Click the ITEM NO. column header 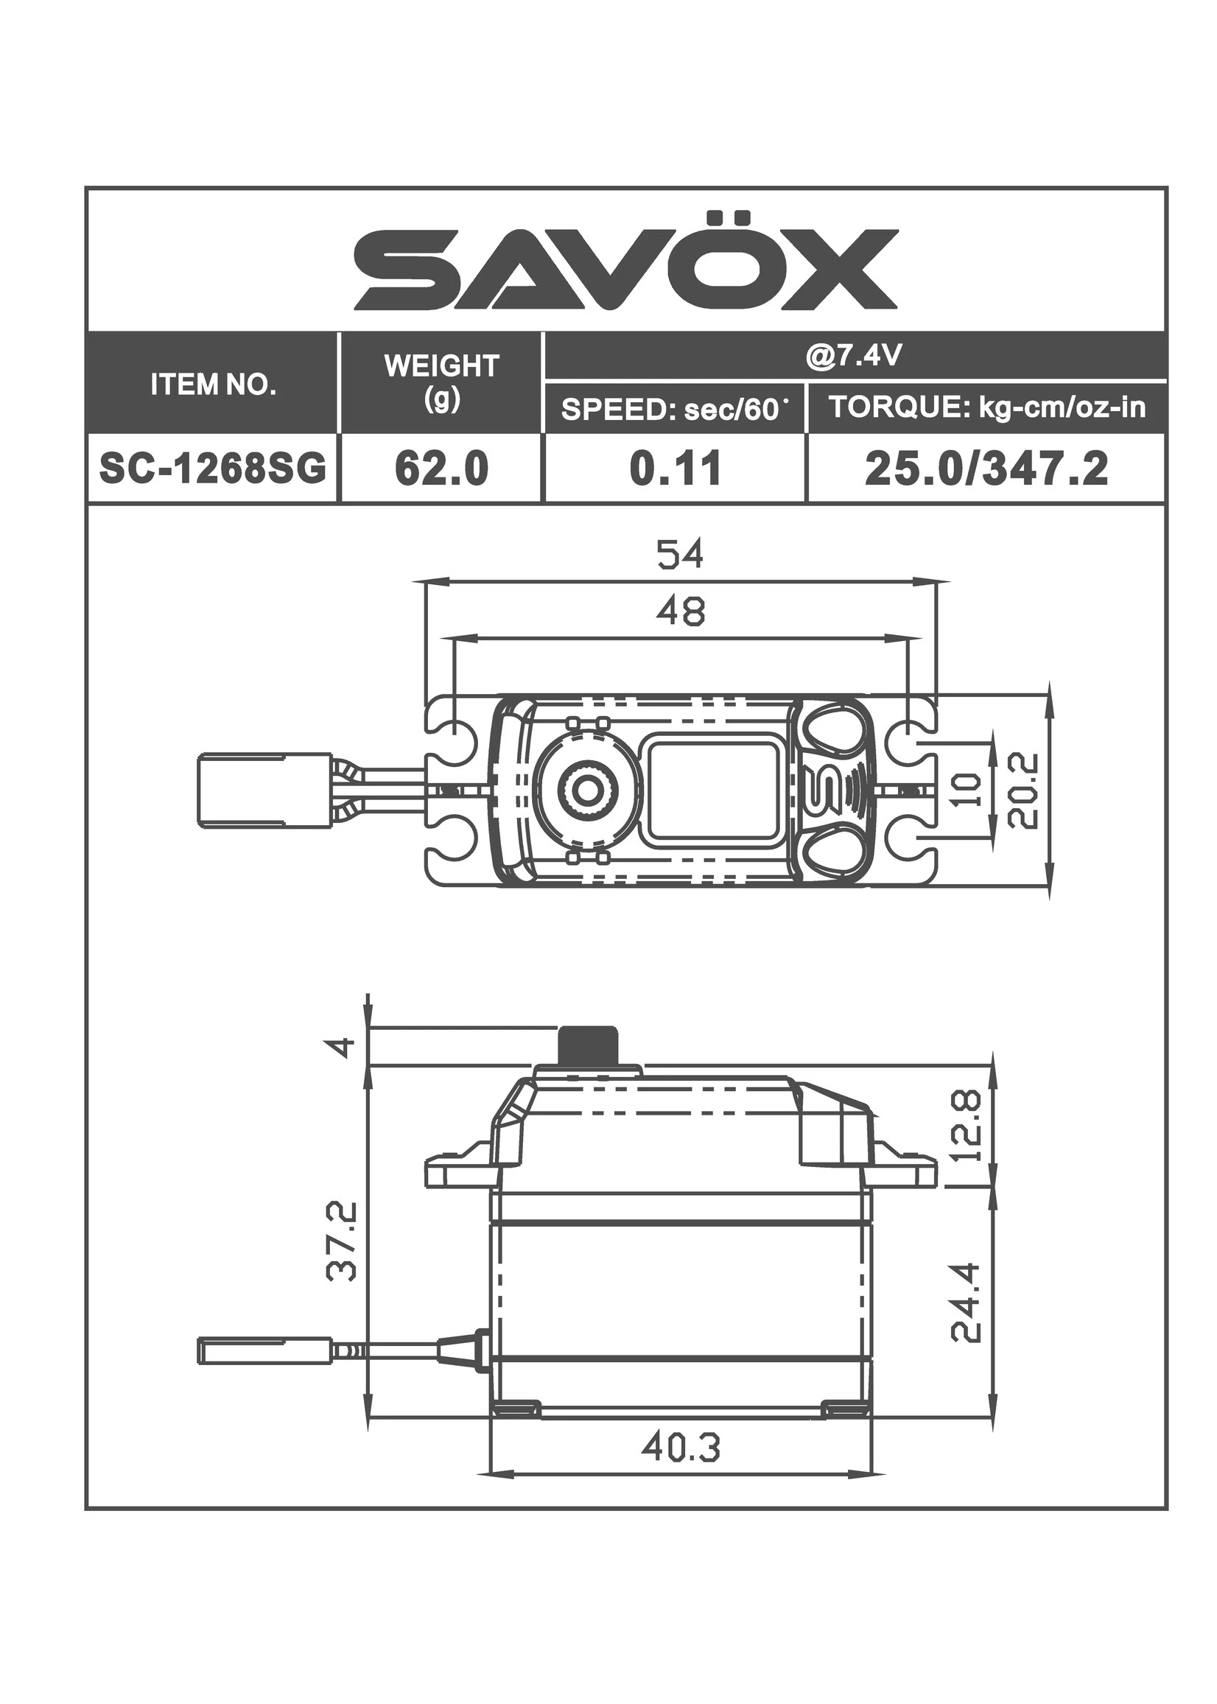click(214, 385)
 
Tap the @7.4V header click(854, 357)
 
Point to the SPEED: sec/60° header click(676, 409)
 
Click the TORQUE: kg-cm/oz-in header click(987, 407)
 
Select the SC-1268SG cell click(214, 469)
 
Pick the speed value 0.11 click(676, 469)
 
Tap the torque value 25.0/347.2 click(987, 469)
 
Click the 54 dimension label click(681, 555)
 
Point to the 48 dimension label click(681, 611)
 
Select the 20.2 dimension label click(1024, 790)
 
